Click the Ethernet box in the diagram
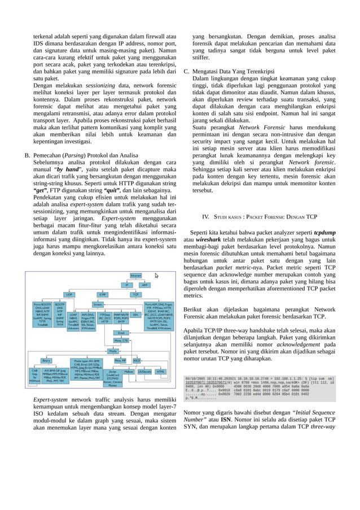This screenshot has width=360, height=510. pyautogui.click(x=136, y=275)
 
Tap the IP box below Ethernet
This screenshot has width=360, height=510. pyautogui.click(x=127, y=285)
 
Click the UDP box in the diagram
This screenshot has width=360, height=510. pyautogui.click(x=69, y=294)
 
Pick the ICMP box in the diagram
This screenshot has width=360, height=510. pyautogui.click(x=103, y=294)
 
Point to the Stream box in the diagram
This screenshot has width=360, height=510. pyautogui.click(x=98, y=304)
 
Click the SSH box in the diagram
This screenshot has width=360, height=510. pyautogui.click(x=135, y=314)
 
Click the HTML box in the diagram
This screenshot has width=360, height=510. pyautogui.click(x=161, y=372)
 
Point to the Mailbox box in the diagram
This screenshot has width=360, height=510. pyautogui.click(x=129, y=372)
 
